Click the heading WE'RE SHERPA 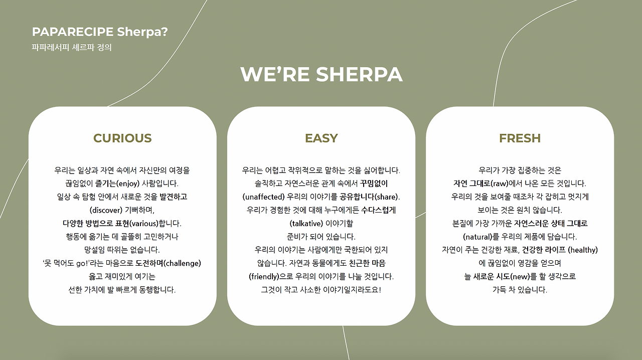tap(321, 74)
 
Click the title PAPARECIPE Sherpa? tap(100, 32)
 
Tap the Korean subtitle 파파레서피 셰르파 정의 tap(71, 48)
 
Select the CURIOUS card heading tap(122, 138)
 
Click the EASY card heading tap(321, 138)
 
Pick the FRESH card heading tap(520, 138)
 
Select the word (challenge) tap(183, 263)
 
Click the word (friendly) tap(265, 276)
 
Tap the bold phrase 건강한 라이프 tap(544, 250)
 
